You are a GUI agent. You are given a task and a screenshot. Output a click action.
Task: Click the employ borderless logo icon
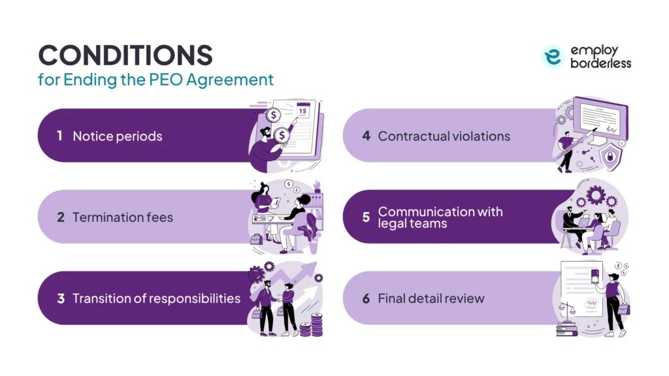click(553, 57)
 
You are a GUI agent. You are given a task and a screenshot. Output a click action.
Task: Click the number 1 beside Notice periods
click(59, 136)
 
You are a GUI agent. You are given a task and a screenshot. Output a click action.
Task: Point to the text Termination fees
click(123, 217)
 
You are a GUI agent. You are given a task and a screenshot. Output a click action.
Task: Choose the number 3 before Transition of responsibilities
click(60, 299)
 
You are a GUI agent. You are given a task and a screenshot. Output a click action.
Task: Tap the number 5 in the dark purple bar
click(366, 217)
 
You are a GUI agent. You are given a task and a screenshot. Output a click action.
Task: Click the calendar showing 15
click(302, 110)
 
